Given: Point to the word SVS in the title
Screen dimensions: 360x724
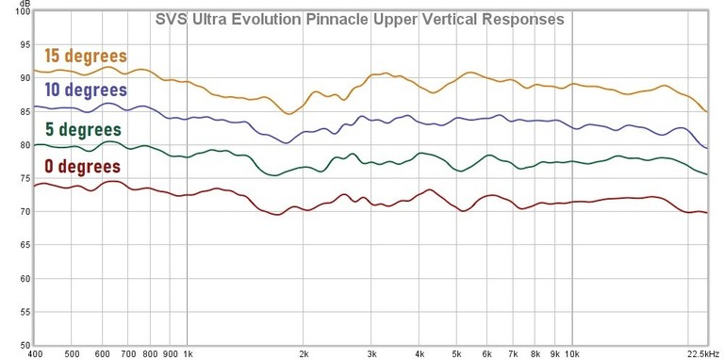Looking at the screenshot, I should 170,19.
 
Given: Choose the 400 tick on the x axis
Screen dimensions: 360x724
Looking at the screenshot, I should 36,353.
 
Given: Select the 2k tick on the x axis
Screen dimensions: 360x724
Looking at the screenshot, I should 304,353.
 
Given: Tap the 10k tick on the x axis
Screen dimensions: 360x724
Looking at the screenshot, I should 571,353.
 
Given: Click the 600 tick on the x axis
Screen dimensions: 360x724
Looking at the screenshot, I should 103,353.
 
